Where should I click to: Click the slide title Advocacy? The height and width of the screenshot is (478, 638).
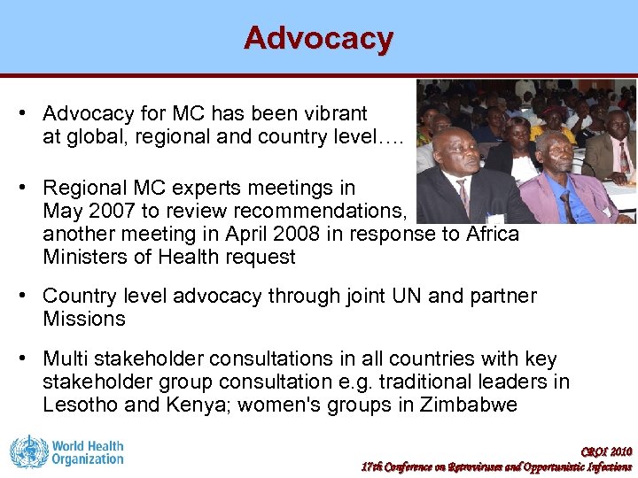click(x=318, y=38)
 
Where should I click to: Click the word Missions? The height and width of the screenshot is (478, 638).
click(x=84, y=319)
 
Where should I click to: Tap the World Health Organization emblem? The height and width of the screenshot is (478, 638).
click(x=28, y=451)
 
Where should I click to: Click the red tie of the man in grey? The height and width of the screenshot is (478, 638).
click(x=463, y=196)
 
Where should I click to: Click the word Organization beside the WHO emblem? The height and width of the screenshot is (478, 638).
click(x=87, y=459)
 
